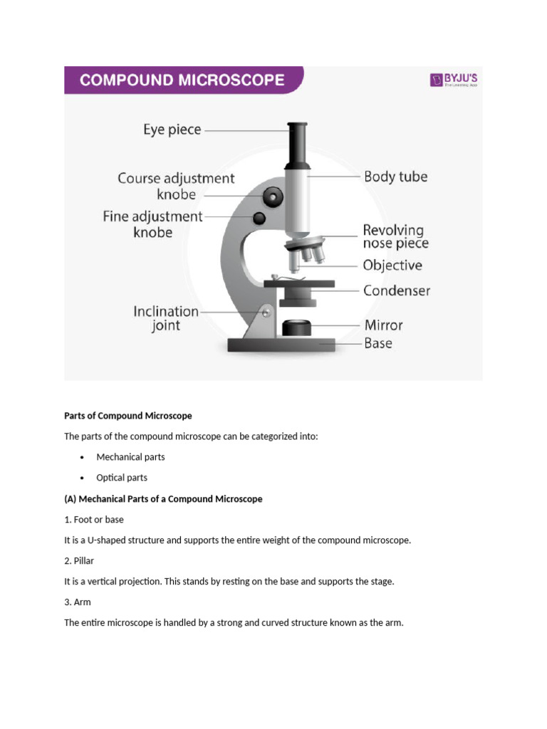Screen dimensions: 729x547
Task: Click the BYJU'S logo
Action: point(453,80)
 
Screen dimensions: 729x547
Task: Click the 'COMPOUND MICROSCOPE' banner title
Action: point(183,80)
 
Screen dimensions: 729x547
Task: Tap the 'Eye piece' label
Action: point(172,130)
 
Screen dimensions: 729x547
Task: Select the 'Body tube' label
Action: point(395,177)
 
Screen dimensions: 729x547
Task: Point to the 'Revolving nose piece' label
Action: point(395,237)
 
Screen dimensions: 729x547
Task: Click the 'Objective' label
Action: point(392,266)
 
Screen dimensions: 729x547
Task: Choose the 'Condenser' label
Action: point(396,290)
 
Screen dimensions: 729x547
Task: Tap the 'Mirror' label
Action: point(383,325)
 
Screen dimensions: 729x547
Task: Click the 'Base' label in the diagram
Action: point(377,343)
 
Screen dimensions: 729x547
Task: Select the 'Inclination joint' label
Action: point(166,319)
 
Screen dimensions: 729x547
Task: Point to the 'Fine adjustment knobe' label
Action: point(152,224)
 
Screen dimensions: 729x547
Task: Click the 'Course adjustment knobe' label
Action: point(176,187)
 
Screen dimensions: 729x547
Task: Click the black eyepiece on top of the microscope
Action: point(298,142)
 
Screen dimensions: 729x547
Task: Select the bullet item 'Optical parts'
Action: point(122,478)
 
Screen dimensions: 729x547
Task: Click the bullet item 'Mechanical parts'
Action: point(130,457)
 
